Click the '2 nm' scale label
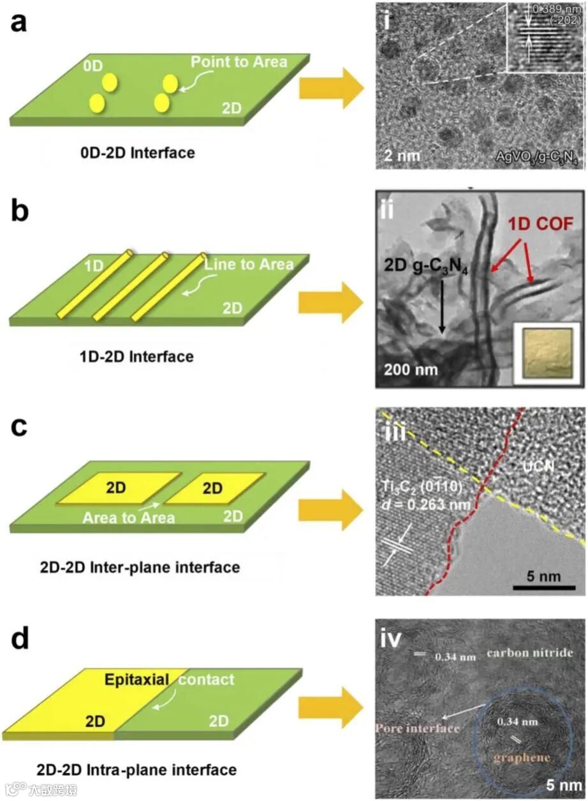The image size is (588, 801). (x=400, y=155)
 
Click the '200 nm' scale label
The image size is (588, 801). (x=405, y=368)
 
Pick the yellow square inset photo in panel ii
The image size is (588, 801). (x=546, y=352)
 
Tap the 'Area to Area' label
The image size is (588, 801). (x=128, y=517)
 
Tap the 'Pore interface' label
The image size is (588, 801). (x=418, y=728)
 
